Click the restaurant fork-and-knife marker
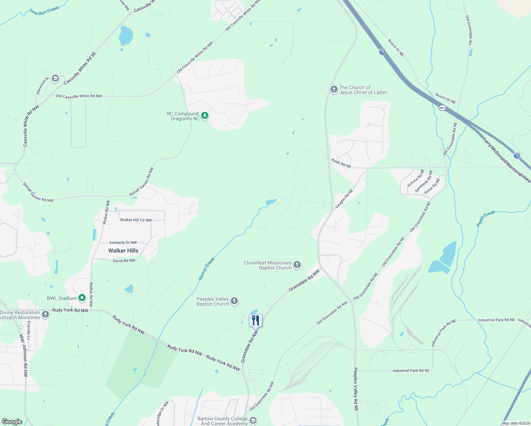point(256,320)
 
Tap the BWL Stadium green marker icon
point(82,298)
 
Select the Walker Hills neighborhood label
point(123,251)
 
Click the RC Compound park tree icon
point(205,115)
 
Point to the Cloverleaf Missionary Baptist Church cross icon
point(297,264)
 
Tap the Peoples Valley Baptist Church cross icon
point(234,301)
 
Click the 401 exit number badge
point(442,108)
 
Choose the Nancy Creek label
point(207,269)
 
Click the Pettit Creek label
point(486,218)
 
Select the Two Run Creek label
point(44,11)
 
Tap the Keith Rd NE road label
point(341,163)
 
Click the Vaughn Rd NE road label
point(344,198)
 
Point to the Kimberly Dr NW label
point(123,243)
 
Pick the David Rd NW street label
point(124,261)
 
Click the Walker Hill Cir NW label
point(136,220)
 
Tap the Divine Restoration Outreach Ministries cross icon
point(45,315)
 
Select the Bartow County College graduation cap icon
point(253,421)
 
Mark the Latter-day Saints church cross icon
point(334,89)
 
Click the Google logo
point(12,421)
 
